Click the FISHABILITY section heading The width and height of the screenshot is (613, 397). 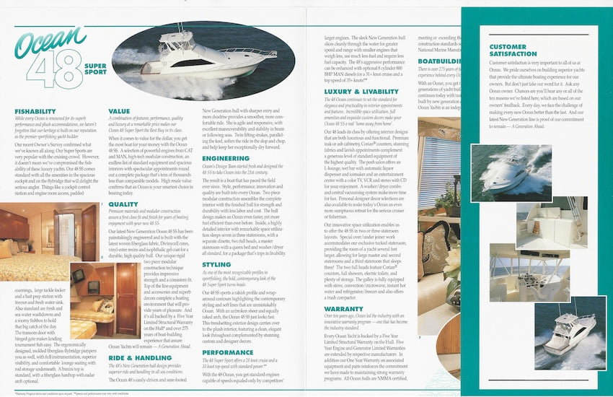pyautogui.click(x=36, y=110)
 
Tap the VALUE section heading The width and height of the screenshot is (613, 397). pyautogui.click(x=119, y=110)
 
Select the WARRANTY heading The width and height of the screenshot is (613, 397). pyautogui.click(x=343, y=308)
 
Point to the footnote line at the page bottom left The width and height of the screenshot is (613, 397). pyautogui.click(x=72, y=393)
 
